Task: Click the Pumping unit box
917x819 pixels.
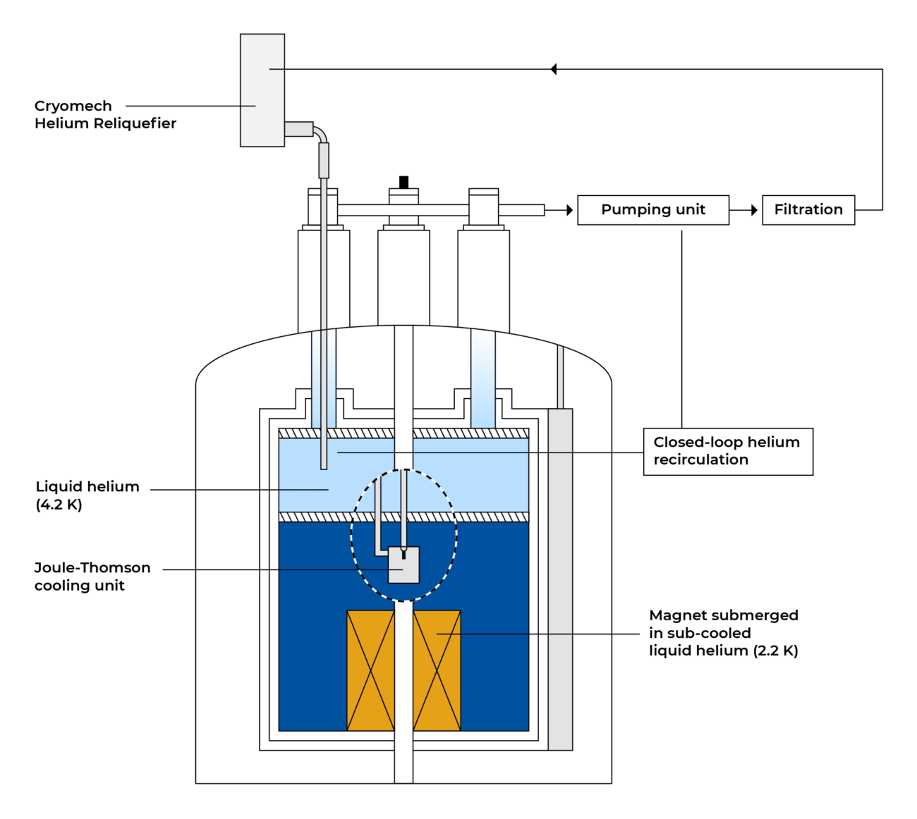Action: [652, 210]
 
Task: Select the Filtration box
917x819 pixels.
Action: [808, 210]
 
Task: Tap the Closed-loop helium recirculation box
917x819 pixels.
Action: [727, 451]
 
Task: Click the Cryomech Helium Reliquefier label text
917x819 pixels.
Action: [104, 115]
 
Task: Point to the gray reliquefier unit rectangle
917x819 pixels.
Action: [262, 90]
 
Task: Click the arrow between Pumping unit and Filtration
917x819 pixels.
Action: [745, 210]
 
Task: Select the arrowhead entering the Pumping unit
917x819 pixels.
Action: [569, 210]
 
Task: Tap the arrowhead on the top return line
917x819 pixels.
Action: [554, 69]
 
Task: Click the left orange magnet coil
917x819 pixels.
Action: [370, 670]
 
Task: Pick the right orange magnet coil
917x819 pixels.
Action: [437, 670]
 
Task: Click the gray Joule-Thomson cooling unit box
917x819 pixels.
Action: [404, 566]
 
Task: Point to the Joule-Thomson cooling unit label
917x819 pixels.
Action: [92, 577]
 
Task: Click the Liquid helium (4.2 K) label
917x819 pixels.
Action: [87, 495]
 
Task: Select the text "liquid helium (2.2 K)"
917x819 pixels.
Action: [723, 651]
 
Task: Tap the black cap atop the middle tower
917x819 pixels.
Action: [403, 182]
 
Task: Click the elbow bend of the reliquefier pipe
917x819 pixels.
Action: [321, 133]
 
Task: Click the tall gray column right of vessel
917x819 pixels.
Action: [560, 578]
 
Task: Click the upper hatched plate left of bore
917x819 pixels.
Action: [336, 433]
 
